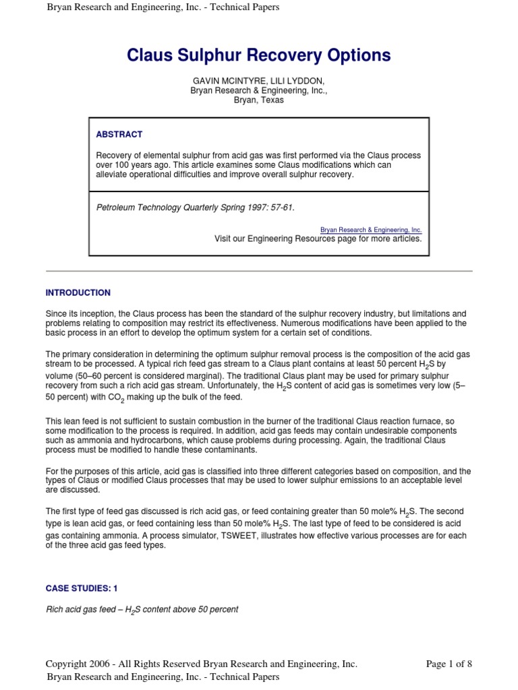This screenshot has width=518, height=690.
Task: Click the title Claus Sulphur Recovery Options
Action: click(259, 55)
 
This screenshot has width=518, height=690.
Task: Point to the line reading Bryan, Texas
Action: click(259, 100)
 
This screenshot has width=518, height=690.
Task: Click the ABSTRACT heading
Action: click(119, 135)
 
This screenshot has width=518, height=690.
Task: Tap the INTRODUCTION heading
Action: click(78, 293)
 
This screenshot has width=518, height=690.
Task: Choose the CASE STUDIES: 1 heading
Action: click(82, 588)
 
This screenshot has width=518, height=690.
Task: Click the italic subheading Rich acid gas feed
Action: click(142, 610)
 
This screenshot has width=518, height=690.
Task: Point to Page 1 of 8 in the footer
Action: click(449, 664)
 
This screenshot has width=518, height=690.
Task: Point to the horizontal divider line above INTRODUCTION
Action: click(259, 271)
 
